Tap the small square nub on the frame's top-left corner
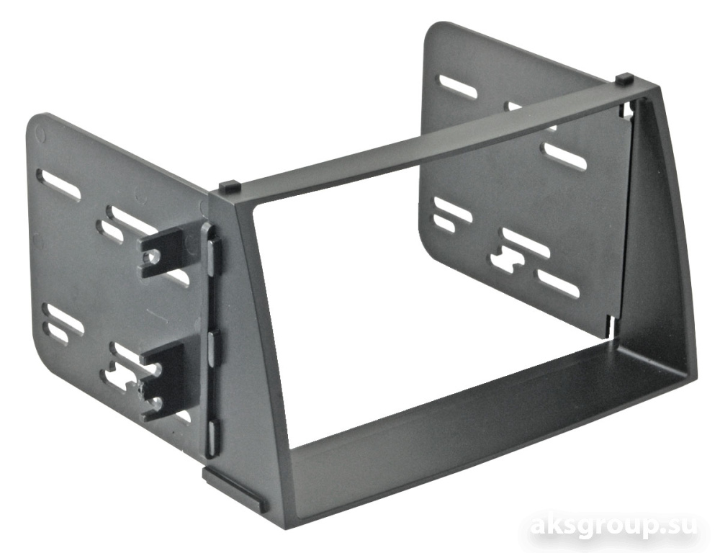coord(230,186)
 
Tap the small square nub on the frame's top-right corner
coord(624,78)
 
